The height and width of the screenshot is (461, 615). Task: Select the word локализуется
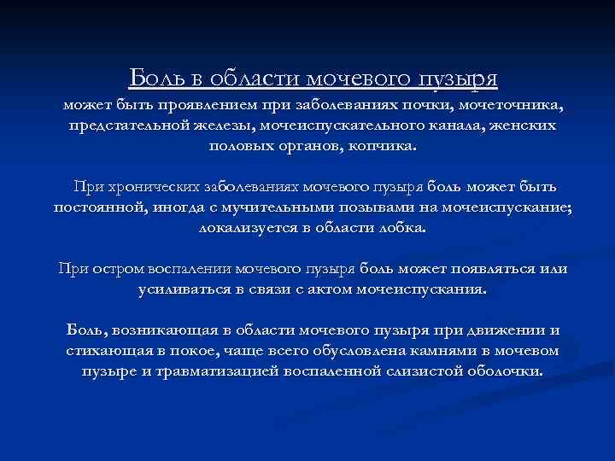click(x=243, y=228)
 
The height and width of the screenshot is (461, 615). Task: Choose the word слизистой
click(x=425, y=371)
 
